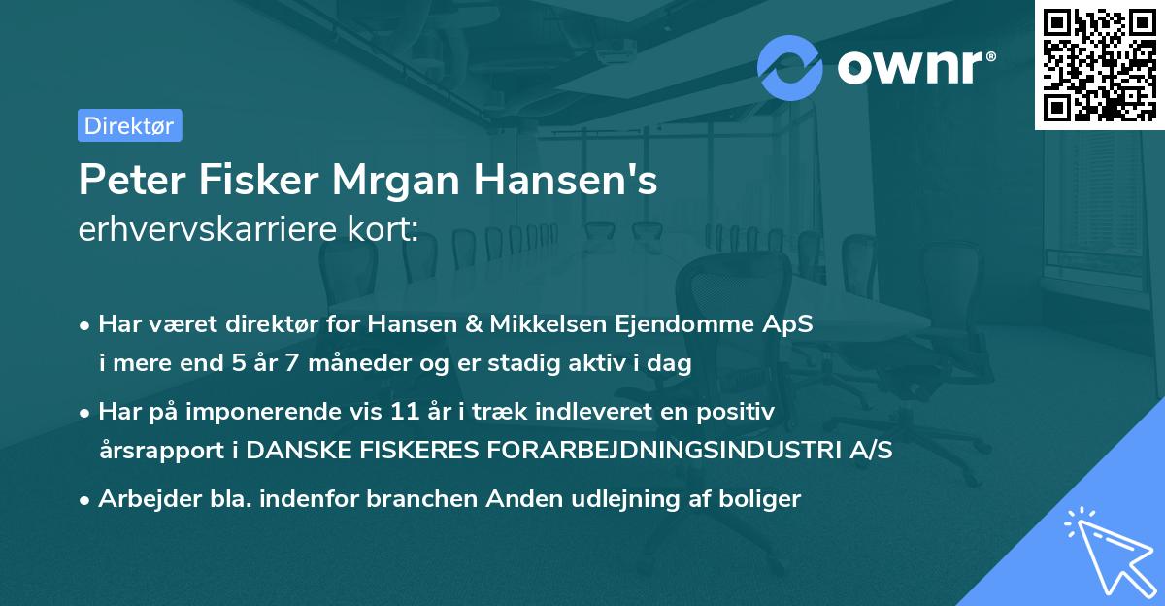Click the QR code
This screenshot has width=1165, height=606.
pyautogui.click(x=1099, y=64)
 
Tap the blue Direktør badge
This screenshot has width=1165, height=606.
pyautogui.click(x=129, y=125)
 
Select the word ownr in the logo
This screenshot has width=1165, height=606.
pyautogui.click(x=915, y=66)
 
